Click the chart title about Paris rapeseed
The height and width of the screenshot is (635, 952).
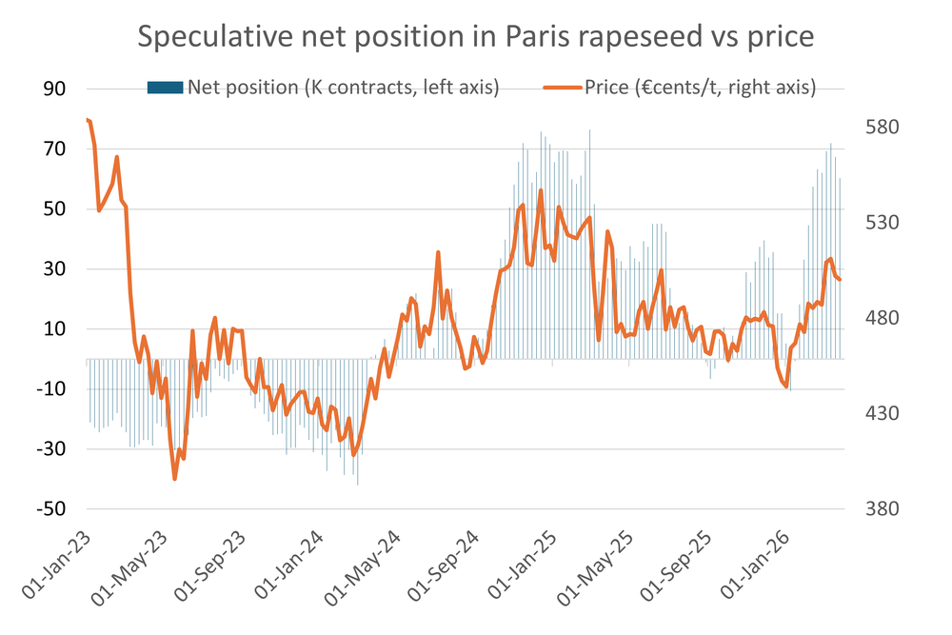[x=476, y=37]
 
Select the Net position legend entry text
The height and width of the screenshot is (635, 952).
[x=343, y=89]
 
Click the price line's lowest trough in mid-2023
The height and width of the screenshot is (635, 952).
[x=175, y=479]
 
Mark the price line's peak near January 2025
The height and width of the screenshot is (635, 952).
[x=541, y=190]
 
